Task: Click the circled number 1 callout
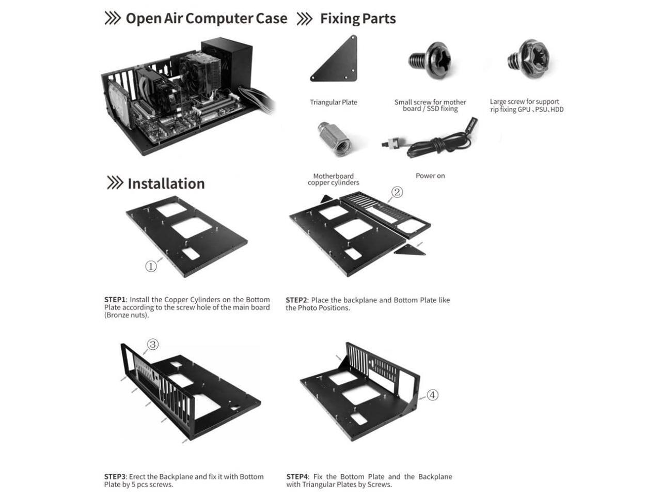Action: (x=151, y=266)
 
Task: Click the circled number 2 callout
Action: (x=397, y=192)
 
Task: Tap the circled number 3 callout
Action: (x=153, y=344)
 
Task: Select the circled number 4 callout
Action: (x=432, y=395)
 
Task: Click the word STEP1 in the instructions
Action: (x=115, y=300)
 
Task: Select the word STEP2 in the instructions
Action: (x=296, y=300)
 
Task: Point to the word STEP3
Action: (x=115, y=477)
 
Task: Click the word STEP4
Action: (x=297, y=477)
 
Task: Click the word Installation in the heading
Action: (x=166, y=183)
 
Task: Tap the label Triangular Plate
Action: (x=333, y=102)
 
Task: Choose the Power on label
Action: (x=430, y=176)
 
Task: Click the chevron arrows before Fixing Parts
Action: (x=305, y=19)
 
